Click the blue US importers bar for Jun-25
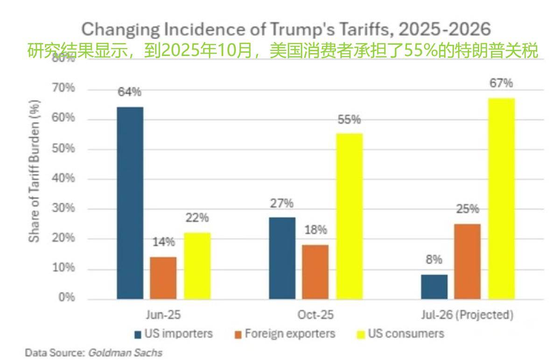[x=130, y=203]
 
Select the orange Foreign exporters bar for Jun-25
[x=163, y=278]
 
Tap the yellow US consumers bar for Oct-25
[x=349, y=216]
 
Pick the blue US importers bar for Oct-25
[x=282, y=258]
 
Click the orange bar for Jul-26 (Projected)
[x=467, y=261]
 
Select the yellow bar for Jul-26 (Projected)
[x=502, y=198]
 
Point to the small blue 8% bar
[x=434, y=287]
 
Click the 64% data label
[x=129, y=92]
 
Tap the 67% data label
[x=501, y=84]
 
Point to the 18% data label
[x=315, y=230]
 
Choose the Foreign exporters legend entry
[x=285, y=334]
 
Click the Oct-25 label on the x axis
[x=315, y=315]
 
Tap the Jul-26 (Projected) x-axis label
[x=467, y=315]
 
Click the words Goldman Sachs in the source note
[x=125, y=353]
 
